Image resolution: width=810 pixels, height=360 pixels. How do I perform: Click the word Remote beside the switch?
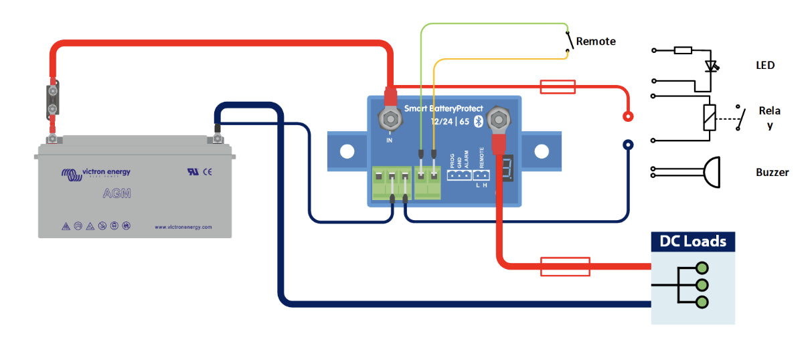(x=596, y=41)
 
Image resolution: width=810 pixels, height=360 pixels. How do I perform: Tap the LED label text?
(x=764, y=66)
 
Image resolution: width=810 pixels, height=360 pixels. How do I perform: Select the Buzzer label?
(x=772, y=173)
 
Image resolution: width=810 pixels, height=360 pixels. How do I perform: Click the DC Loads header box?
(x=693, y=242)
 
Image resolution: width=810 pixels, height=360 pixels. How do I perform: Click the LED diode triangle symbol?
(x=710, y=67)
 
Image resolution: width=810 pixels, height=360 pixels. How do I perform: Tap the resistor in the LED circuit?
(x=683, y=50)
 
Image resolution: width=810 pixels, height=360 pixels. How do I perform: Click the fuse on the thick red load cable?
(x=564, y=266)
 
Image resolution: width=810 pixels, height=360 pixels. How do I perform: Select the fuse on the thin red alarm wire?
(x=557, y=86)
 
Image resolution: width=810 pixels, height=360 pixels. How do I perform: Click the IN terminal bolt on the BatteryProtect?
(x=389, y=120)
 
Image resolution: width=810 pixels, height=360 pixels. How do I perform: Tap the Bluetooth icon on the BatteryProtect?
(x=478, y=121)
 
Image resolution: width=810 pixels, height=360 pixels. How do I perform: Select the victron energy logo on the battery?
(x=96, y=173)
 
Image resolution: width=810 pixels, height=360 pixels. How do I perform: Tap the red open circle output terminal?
(x=628, y=116)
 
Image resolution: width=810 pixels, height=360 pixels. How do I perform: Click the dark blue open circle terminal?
(x=628, y=144)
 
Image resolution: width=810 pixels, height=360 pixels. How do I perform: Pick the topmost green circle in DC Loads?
(x=702, y=268)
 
